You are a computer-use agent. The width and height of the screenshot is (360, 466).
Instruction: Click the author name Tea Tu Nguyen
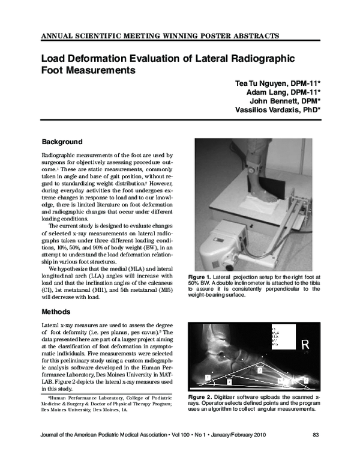pyautogui.click(x=261, y=82)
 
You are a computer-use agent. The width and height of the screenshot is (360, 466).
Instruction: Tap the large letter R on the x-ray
pyautogui.click(x=305, y=344)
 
